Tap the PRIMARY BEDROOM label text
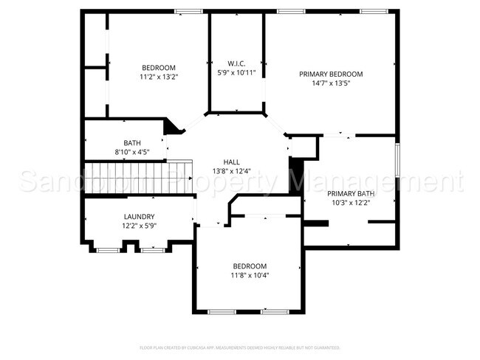(331, 74)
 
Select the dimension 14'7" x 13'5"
(331, 83)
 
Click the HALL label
(232, 162)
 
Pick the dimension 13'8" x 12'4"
(232, 171)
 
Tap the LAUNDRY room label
(139, 217)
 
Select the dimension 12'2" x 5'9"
(139, 226)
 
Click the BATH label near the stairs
(132, 143)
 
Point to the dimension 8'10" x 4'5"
(132, 152)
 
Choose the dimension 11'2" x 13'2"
(159, 77)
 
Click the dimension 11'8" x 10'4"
(250, 275)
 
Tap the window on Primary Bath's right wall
(397, 160)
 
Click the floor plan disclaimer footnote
(240, 347)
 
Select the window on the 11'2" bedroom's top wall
(188, 11)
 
